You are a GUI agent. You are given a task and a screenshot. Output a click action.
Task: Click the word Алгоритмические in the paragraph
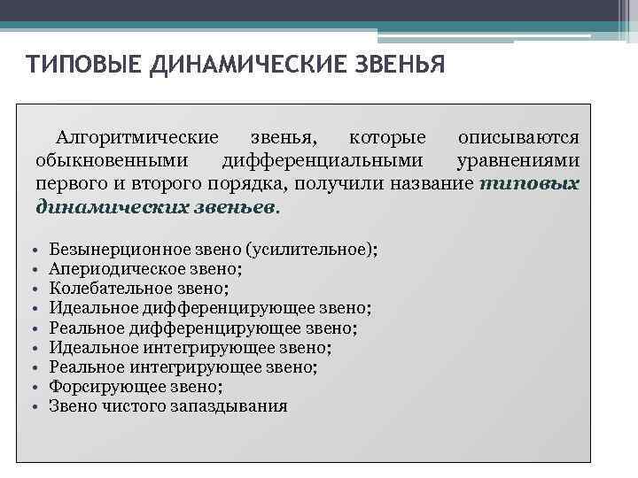coord(137,138)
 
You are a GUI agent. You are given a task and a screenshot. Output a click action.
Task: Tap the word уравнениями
coord(518,161)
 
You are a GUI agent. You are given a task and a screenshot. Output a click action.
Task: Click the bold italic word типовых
coord(530,184)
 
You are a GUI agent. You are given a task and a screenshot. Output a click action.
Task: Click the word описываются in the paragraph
coord(519,138)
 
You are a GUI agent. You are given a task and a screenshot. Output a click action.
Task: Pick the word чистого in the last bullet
coord(136,405)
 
